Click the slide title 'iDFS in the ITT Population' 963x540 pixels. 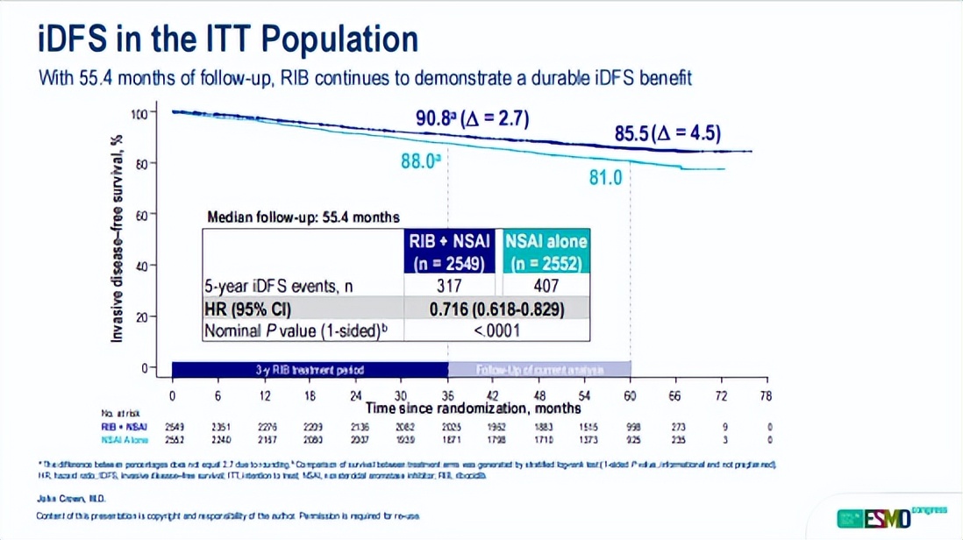coord(228,39)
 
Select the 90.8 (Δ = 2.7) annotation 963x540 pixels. coord(472,119)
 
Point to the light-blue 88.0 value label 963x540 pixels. coord(419,161)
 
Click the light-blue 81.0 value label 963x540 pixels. coord(605,177)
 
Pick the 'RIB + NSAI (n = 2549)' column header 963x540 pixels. coord(448,251)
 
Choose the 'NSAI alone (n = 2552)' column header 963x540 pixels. coord(546,251)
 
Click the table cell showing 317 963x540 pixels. coord(448,286)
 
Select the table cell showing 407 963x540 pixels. coord(546,286)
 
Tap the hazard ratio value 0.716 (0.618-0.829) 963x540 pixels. coord(496,309)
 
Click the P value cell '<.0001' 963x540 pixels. coord(496,330)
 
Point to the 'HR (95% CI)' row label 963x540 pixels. coord(247,309)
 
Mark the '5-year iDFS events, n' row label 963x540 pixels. coord(278,286)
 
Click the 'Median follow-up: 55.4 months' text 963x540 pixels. coord(303,217)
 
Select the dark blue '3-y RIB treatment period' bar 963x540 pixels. coord(310,369)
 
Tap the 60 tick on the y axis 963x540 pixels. coord(141,214)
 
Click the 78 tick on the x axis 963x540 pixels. coord(766,395)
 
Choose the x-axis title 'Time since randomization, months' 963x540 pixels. coord(474,408)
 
